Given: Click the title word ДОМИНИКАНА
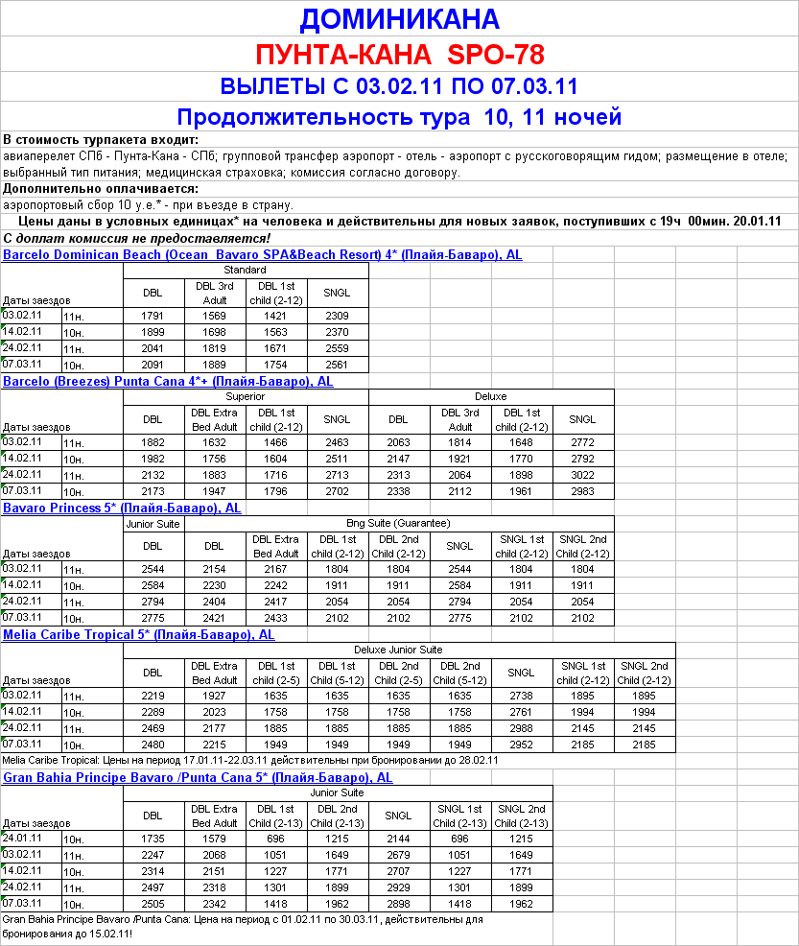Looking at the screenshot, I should click(x=399, y=19).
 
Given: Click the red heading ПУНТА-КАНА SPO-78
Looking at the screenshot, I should click(x=399, y=53).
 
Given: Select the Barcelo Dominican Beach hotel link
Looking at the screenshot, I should click(x=262, y=254).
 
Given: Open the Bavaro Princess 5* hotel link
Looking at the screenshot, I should click(x=122, y=508).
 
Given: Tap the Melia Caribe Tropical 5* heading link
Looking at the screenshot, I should click(x=139, y=634).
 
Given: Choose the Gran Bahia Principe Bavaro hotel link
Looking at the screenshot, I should click(x=198, y=777).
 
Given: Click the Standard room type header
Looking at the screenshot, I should click(x=246, y=270).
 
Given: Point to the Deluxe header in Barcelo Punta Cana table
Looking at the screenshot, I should click(x=491, y=396).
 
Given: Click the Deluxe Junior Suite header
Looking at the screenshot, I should click(x=398, y=650).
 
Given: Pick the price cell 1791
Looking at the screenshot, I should click(x=153, y=316).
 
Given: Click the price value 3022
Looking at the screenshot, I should click(x=582, y=474).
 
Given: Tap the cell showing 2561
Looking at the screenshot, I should click(x=337, y=365).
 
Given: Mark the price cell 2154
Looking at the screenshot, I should click(x=214, y=569).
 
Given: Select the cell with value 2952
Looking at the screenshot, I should click(x=521, y=743).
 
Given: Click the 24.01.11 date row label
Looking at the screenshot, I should click(x=22, y=838).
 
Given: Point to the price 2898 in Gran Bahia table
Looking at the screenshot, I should click(x=398, y=903).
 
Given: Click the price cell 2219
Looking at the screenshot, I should click(x=153, y=696).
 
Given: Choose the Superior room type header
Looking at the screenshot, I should click(x=246, y=396).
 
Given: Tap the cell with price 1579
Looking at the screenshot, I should click(x=214, y=839).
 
